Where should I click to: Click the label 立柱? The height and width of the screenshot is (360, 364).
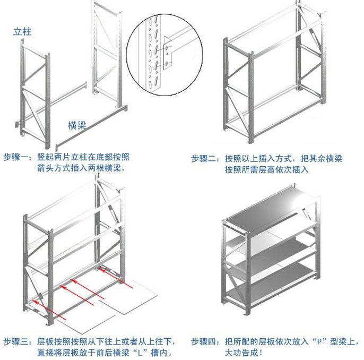[22, 32]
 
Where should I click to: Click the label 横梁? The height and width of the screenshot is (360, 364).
[77, 125]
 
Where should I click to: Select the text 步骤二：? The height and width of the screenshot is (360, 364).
[205, 158]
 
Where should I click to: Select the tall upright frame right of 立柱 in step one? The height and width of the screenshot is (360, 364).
[106, 53]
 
